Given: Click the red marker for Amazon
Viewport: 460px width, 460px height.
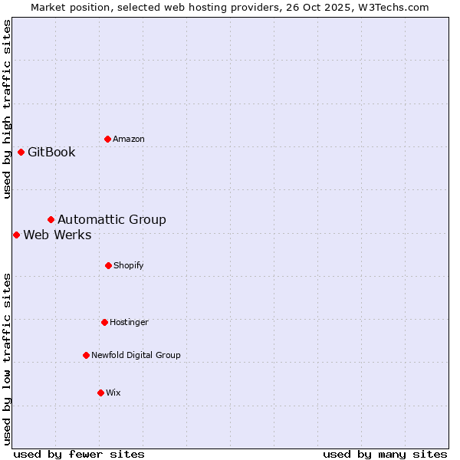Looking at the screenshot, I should [x=107, y=139].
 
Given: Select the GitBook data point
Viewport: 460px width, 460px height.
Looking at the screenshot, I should [x=21, y=152].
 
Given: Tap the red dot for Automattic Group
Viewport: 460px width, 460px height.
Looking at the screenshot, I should [x=51, y=220].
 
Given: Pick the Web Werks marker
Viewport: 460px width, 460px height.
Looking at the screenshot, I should [x=16, y=235].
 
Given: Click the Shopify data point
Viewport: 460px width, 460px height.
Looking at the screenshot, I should [x=108, y=265].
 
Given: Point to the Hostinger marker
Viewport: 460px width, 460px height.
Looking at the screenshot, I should [x=104, y=322].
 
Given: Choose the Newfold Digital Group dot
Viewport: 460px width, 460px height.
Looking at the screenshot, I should [x=86, y=355].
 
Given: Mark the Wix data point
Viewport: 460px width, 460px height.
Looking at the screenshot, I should [x=100, y=393].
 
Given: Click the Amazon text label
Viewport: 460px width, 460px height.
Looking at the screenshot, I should [x=129, y=139].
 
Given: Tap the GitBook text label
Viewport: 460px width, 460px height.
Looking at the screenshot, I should [x=51, y=152].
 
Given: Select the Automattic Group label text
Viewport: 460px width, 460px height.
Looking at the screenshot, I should [x=112, y=220].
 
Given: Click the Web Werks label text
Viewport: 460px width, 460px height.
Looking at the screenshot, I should [x=58, y=235].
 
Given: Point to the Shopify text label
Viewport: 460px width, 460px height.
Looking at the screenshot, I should [x=129, y=265].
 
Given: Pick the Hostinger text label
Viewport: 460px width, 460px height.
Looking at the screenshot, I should [x=129, y=322].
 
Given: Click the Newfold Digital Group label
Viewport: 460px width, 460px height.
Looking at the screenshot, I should [x=136, y=355].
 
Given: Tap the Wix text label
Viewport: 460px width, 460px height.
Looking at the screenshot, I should [x=113, y=393].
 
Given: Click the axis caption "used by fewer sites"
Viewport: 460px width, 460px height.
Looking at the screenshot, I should [x=79, y=454].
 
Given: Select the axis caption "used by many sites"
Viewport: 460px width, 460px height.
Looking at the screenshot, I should [x=385, y=454].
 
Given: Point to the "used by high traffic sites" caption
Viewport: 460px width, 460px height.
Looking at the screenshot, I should [x=7, y=109].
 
